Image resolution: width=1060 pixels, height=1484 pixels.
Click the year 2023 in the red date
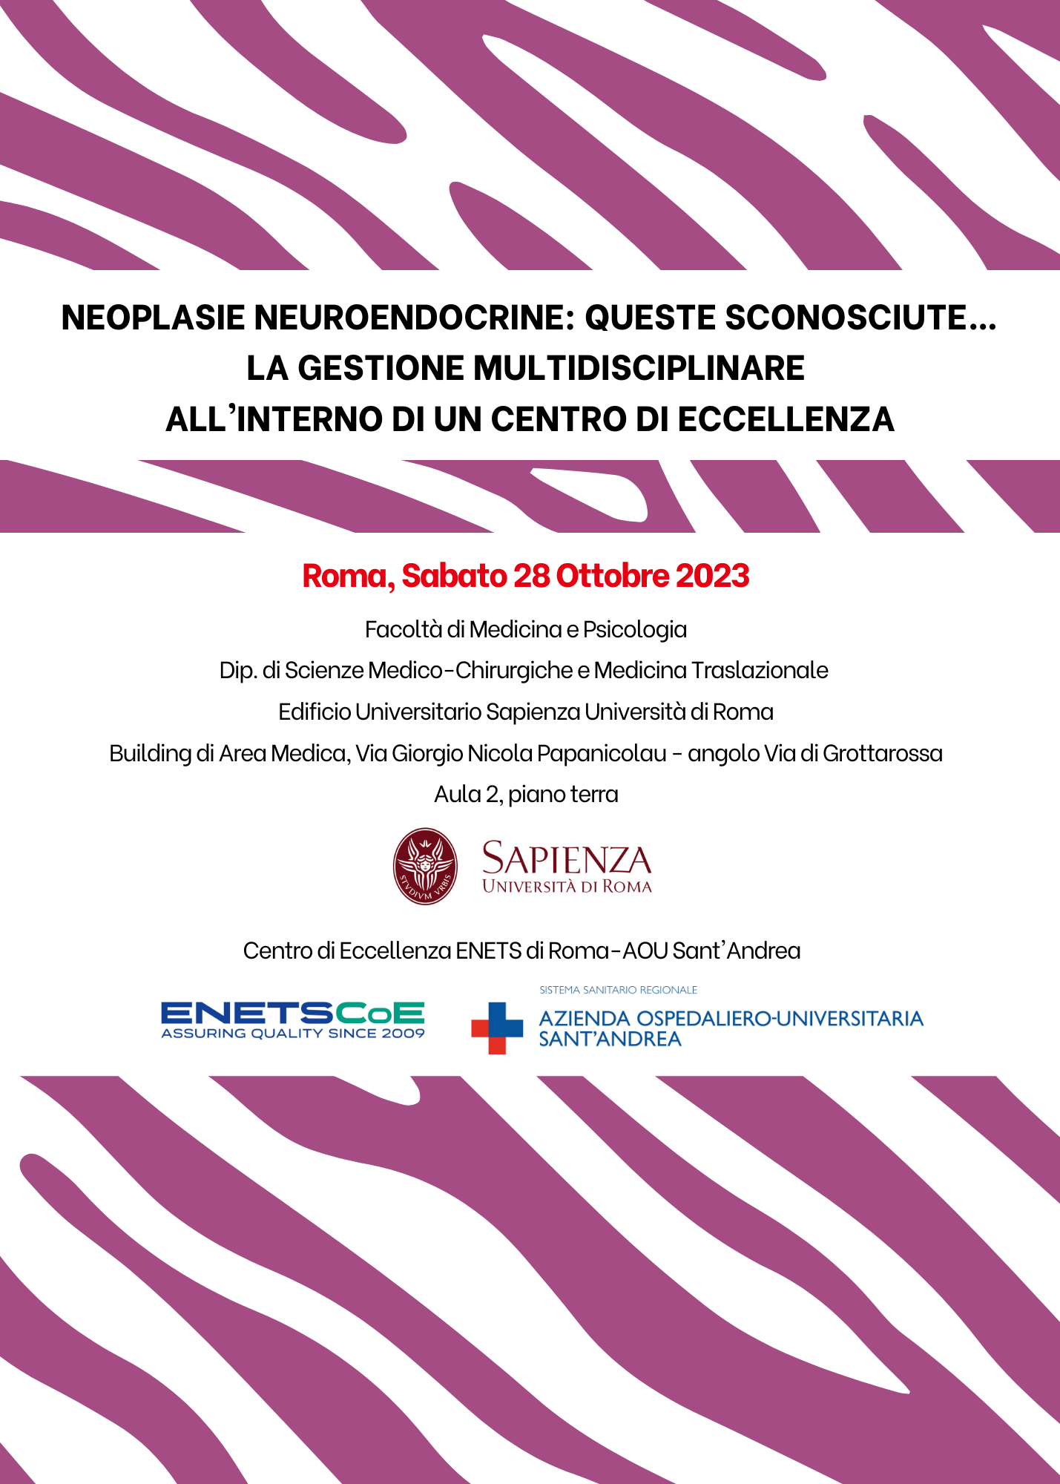point(712,576)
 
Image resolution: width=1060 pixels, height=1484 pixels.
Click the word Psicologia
point(634,629)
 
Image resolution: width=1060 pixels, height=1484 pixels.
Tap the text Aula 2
point(467,794)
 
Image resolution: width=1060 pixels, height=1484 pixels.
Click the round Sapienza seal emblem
point(424,866)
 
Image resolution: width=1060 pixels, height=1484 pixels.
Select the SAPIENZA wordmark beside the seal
point(566,859)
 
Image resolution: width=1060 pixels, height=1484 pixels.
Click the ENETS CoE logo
point(292,1014)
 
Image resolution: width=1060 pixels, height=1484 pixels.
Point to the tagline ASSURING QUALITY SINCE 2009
point(292,1034)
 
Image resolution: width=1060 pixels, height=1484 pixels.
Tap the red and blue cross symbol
point(497,1028)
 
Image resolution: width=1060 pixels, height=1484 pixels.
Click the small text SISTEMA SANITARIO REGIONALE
point(618,990)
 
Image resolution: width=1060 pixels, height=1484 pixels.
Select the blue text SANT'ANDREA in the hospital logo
point(610,1040)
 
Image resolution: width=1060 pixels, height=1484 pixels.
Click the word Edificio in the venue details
point(314,712)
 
